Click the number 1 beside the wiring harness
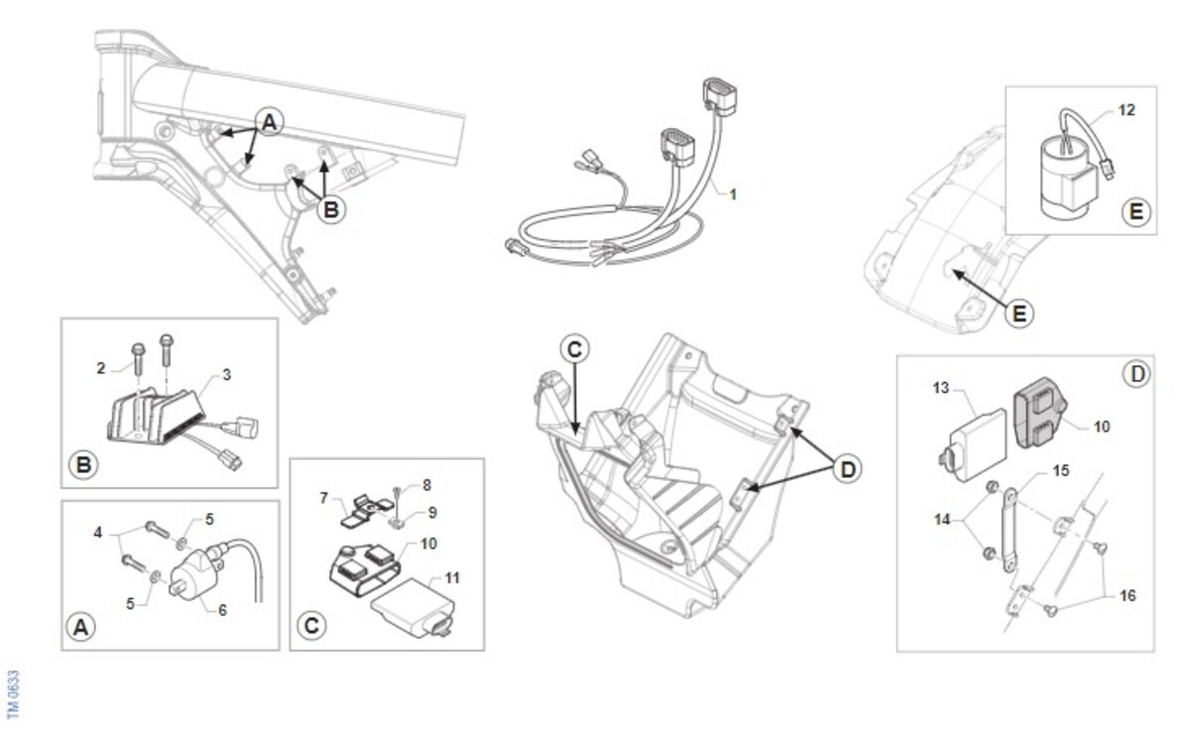coord(733,195)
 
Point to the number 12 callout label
coord(1127,110)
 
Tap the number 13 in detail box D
coord(941,388)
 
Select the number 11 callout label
coord(452,578)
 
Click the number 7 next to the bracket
coord(323,498)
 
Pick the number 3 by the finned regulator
coord(227,375)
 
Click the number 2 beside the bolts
coord(101,368)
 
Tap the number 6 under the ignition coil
coord(222,610)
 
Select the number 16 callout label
coord(1128,595)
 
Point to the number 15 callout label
coord(1060,471)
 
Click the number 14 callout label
coord(942,519)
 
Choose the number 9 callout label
coord(432,513)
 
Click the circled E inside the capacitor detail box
coord(1135,212)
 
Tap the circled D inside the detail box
coord(1136,374)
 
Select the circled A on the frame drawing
coord(270,122)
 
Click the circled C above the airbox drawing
coord(574,349)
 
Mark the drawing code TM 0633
coord(13,694)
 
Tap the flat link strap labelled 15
coord(1009,531)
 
